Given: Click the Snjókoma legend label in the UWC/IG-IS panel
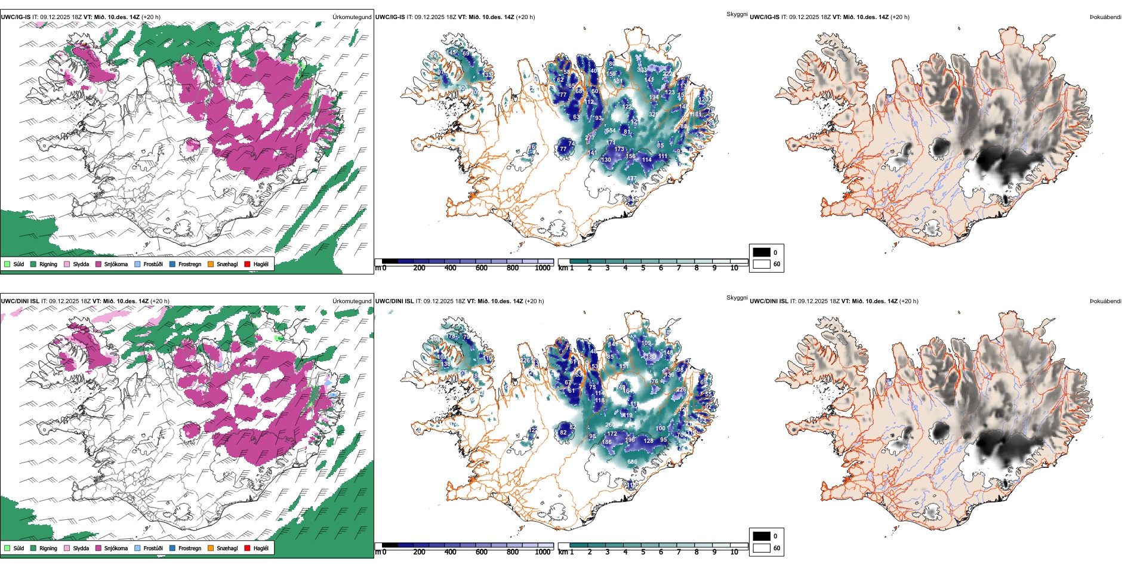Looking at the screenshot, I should pos(116,264).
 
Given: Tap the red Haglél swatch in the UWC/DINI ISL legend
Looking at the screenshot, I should pos(247,548).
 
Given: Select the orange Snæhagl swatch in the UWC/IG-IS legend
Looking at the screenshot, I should pos(211,264).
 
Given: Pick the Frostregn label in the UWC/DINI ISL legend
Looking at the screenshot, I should pos(189,548).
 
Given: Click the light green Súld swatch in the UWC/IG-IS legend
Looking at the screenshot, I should pos(7,264).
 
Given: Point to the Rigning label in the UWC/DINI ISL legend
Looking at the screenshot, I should pos(48,548).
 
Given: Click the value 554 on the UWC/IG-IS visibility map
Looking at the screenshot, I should pos(610,131).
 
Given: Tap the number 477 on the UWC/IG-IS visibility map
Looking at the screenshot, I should pos(631,178).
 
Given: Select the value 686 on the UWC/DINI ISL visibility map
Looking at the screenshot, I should pos(632,461).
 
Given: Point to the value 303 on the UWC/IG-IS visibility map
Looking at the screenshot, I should pos(642,70).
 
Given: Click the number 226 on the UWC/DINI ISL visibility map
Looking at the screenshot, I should pos(681,390).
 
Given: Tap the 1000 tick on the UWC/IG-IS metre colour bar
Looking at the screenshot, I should pos(543,268).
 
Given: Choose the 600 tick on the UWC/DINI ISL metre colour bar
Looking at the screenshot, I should pos(482,552).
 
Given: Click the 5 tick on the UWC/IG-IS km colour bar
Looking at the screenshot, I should pos(643,268).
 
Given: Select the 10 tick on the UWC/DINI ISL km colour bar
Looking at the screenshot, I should pos(734,552).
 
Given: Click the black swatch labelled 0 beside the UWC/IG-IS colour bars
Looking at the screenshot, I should pos(762,252).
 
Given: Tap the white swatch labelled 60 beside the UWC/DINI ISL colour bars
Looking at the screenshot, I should pos(762,548).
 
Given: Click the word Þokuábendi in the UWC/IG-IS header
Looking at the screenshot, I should pos(1105,17).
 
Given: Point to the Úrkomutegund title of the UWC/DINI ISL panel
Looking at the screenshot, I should pos(352,301).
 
